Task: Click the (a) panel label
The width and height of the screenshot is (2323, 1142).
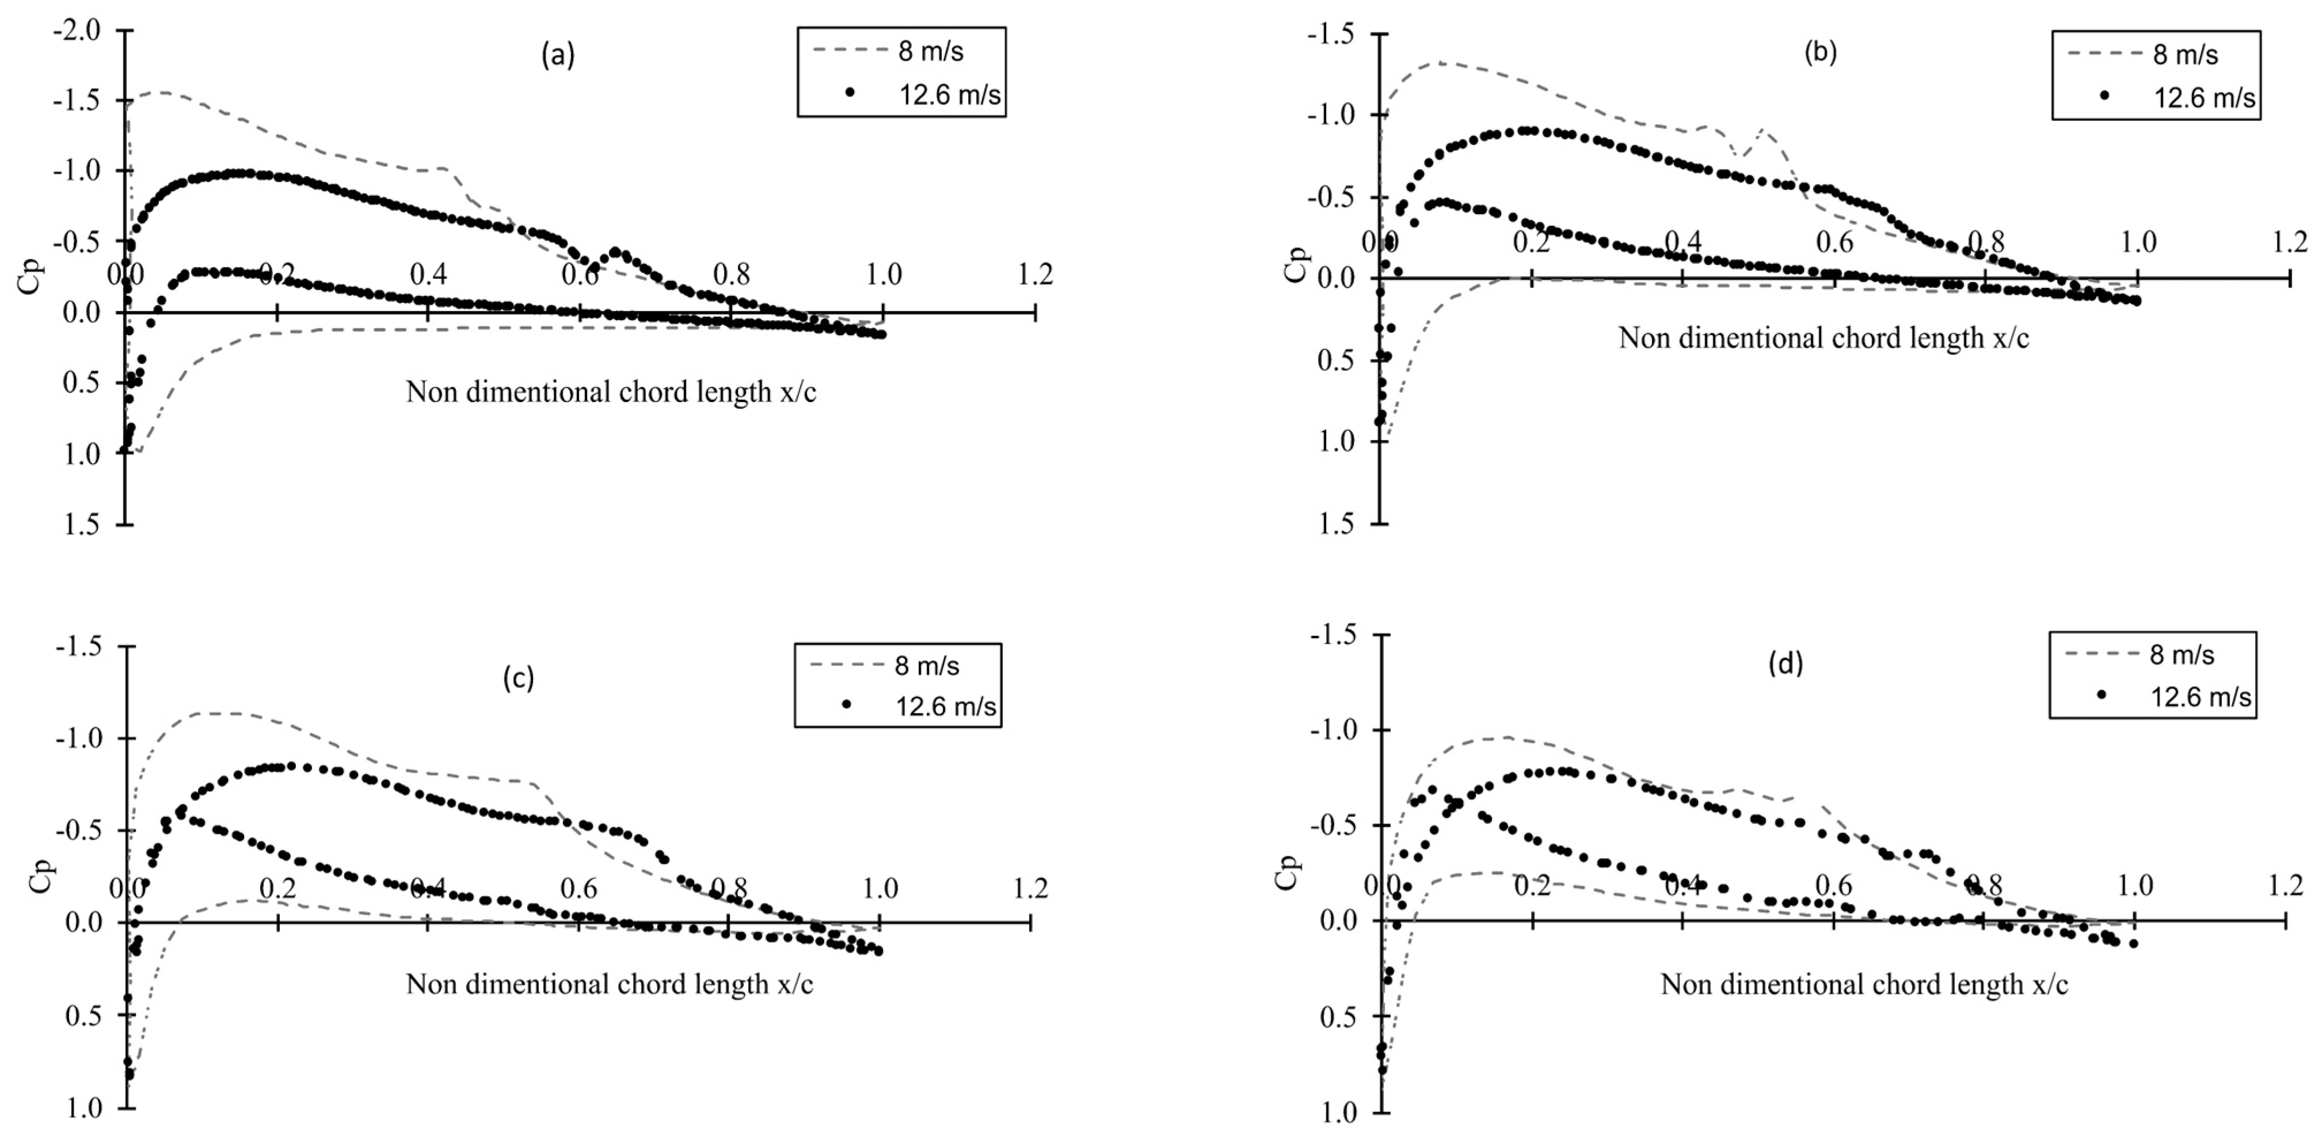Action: [557, 56]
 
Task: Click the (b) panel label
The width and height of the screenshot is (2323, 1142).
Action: [1820, 52]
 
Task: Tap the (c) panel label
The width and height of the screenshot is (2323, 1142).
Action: [519, 678]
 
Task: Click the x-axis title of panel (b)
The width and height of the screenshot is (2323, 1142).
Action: [1823, 337]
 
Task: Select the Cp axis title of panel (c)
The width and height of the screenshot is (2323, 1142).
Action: [41, 875]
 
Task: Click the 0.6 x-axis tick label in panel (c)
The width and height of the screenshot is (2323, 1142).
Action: [578, 889]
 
